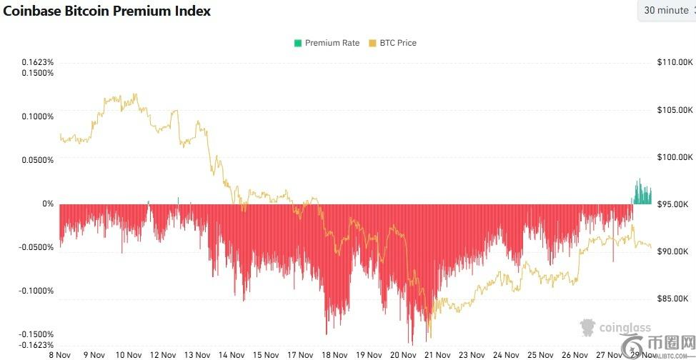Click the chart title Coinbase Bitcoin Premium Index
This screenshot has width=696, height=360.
107,11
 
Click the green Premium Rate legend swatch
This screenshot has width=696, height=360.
297,43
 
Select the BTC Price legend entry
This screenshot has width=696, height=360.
392,43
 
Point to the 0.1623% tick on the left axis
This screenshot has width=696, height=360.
38,62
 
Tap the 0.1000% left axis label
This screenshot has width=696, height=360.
38,116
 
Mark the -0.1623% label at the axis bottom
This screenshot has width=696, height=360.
36,344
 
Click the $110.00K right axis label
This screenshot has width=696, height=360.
674,63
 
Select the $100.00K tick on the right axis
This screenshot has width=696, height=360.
674,157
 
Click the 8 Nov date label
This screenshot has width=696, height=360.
59,354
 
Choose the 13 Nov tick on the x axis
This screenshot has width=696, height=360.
197,354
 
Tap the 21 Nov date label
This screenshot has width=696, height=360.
437,354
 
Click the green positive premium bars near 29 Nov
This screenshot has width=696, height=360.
642,193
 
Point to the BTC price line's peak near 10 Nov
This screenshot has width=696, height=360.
135,94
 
